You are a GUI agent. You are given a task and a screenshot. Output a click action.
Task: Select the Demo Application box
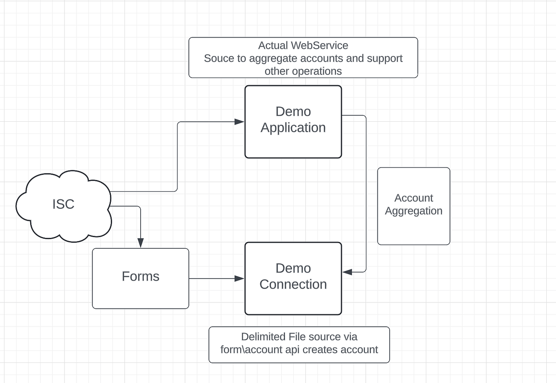point(293,121)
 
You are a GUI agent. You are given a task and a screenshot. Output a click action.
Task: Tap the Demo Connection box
point(293,278)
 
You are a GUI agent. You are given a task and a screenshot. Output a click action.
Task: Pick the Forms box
point(140,278)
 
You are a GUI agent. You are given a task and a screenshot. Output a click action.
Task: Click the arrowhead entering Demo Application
point(239,122)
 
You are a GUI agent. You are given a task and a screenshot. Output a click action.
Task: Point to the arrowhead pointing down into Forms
point(141,242)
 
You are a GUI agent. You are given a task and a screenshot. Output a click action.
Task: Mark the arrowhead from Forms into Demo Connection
point(239,278)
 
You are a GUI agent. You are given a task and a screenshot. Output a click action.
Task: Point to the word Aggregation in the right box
point(413,211)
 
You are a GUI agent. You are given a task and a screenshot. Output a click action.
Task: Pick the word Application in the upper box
point(293,128)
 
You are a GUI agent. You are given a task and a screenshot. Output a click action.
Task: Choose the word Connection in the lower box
point(293,285)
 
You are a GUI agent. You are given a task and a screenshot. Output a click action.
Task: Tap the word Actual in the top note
point(273,46)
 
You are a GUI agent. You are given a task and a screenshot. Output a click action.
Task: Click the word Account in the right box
point(413,198)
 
